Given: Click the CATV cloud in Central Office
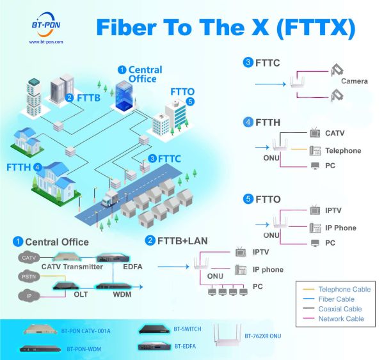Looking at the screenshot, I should coord(28,258).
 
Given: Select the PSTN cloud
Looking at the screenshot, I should coord(28,277).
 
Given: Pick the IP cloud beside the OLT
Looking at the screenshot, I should coord(28,296).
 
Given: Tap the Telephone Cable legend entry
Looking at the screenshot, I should coord(344,289).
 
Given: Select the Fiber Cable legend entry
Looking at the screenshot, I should coord(336,299).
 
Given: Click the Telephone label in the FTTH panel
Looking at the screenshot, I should coord(343,151).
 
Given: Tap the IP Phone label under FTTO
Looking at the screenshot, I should coord(340,228).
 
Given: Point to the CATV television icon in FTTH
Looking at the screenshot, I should coord(315,134).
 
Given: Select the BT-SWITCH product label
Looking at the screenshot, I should coord(188,329).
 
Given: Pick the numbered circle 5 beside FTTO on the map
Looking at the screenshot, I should coord(189,101).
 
